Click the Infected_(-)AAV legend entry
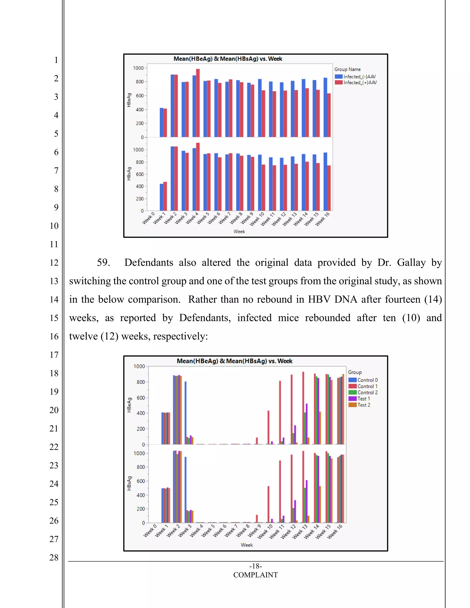[x=359, y=77]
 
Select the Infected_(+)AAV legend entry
[x=360, y=83]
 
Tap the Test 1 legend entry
[x=363, y=399]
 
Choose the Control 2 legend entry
[x=367, y=393]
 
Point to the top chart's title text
[x=228, y=59]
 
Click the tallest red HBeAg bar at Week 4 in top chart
[x=198, y=103]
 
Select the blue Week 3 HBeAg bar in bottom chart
[x=185, y=413]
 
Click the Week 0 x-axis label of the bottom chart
[x=150, y=531]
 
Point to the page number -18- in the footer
[x=255, y=566]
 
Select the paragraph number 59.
[x=103, y=262]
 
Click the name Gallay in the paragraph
[x=411, y=262]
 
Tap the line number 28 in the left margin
[x=54, y=558]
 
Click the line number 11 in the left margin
[x=54, y=244]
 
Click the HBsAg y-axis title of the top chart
[x=129, y=174]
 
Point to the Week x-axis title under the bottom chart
[x=247, y=545]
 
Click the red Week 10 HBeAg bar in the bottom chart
[x=269, y=427]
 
